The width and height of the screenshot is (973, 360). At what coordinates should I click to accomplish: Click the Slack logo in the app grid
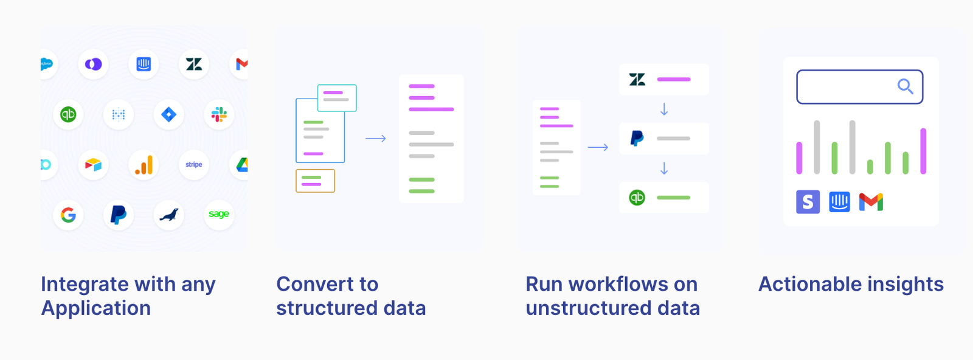[219, 114]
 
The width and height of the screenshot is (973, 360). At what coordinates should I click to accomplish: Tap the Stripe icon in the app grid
[194, 165]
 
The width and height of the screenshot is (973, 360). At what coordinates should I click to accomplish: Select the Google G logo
[68, 215]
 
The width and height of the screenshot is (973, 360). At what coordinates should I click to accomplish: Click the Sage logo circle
[219, 214]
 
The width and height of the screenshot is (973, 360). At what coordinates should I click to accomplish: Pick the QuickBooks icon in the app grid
[68, 114]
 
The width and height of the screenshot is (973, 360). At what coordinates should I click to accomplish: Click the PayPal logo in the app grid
[119, 215]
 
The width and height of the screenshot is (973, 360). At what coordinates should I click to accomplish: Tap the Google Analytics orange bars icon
[144, 165]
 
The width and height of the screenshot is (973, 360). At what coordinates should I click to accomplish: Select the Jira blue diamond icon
[169, 114]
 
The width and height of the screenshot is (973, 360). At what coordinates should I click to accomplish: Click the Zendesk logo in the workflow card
[637, 80]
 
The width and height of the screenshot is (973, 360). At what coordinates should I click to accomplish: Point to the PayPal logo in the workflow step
[637, 139]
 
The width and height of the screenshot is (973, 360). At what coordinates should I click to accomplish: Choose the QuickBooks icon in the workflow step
[637, 198]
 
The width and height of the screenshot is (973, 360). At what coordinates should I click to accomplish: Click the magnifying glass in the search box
[905, 86]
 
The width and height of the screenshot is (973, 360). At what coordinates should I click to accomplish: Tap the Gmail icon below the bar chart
[871, 202]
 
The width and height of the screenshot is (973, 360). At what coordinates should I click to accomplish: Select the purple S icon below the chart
[808, 202]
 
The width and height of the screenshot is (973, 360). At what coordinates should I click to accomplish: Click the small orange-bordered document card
[315, 181]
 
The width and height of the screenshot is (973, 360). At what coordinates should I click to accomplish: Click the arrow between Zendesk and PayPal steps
[664, 109]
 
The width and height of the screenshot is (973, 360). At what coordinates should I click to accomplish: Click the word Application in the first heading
[96, 308]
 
